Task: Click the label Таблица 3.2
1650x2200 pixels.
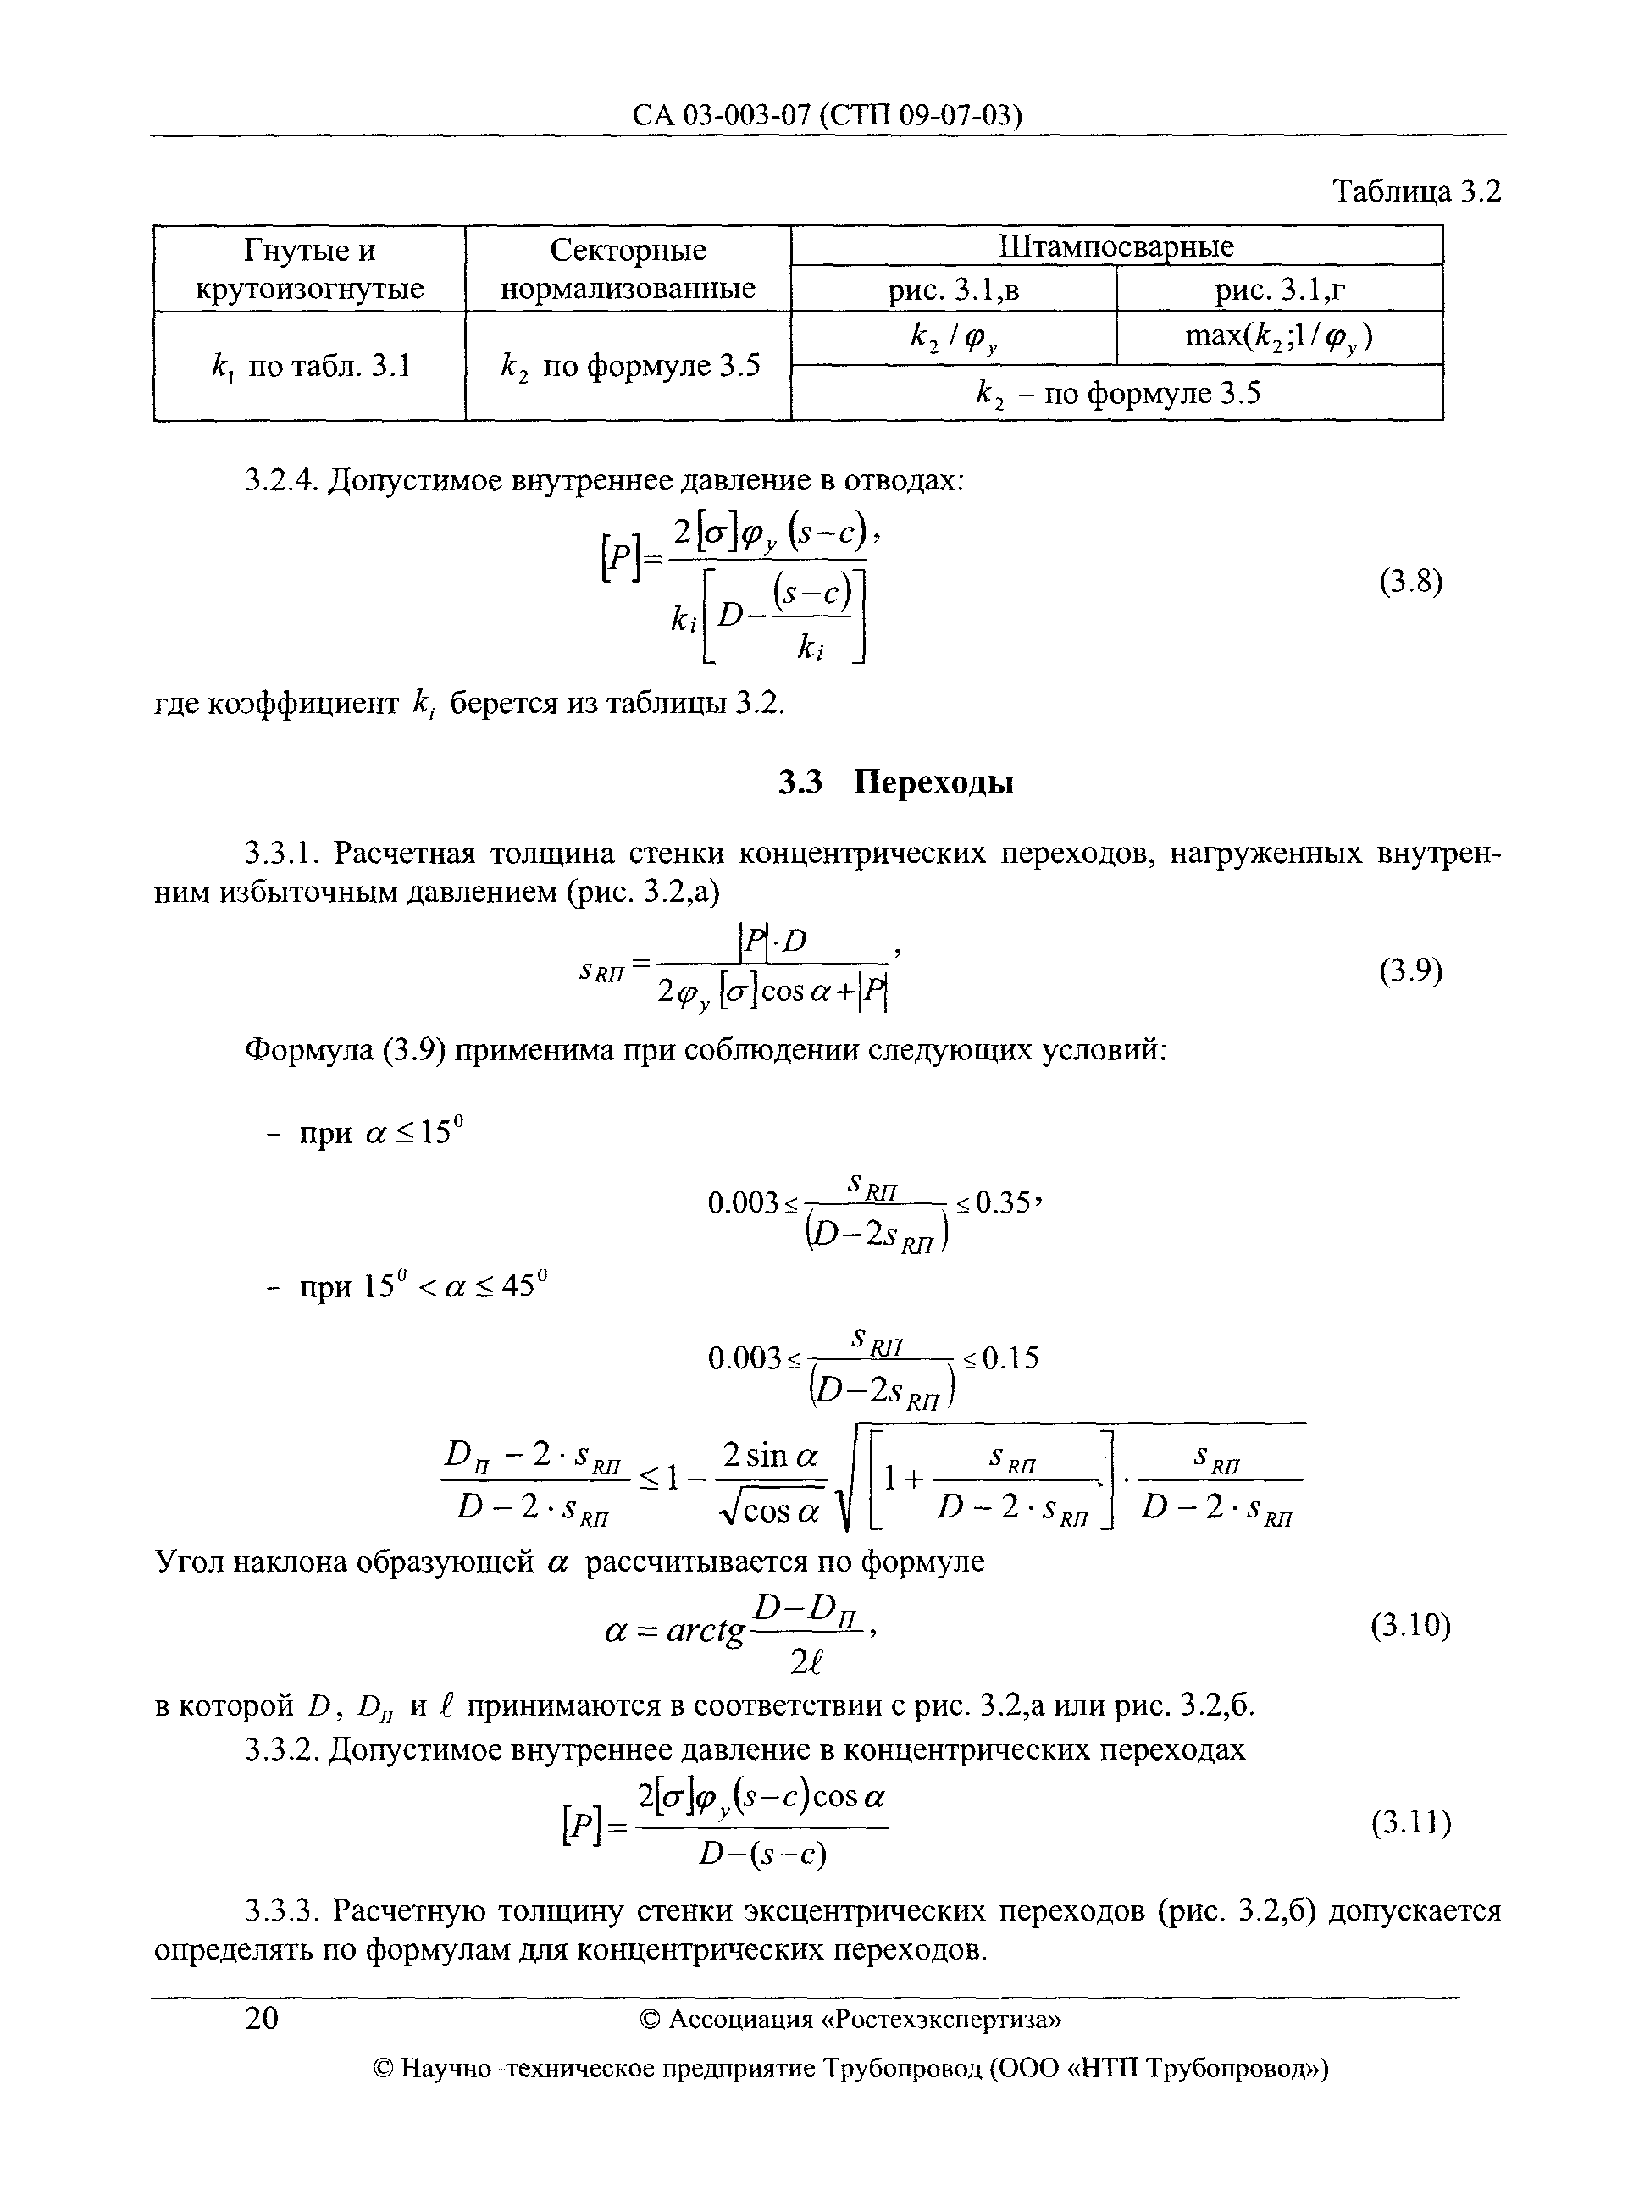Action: [1415, 191]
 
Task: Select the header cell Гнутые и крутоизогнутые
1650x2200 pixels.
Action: [309, 268]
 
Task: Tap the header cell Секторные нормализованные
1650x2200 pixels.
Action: [628, 268]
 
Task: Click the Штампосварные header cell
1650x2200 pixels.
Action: [1116, 246]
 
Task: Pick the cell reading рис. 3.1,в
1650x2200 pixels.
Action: [954, 290]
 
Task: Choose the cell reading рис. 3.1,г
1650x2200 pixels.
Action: [1280, 290]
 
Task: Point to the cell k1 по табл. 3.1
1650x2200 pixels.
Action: [309, 367]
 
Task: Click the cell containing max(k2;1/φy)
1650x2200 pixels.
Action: [1279, 338]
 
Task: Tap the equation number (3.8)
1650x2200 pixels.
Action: [1410, 581]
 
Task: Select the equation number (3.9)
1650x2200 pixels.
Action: [1410, 970]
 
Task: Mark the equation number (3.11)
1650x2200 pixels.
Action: [1410, 1822]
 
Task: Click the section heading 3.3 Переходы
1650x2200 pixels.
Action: [895, 782]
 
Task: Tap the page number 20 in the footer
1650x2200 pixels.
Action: [262, 2018]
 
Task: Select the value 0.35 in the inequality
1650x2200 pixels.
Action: [1005, 1204]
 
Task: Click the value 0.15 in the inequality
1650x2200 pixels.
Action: [1010, 1358]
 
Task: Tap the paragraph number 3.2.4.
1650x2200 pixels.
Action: [282, 481]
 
